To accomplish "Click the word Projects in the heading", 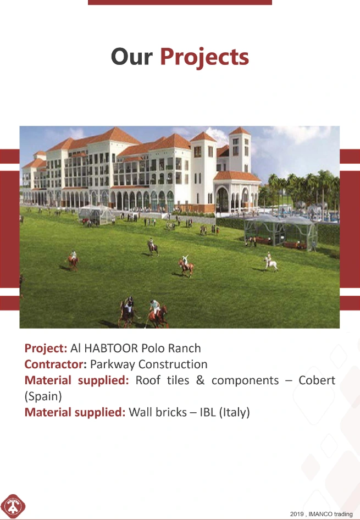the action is (204, 58).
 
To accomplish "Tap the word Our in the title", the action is (131, 57).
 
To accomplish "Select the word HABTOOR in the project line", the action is (111, 348).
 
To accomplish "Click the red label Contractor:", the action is (56, 364).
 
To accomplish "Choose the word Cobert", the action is (317, 380).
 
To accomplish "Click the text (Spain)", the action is (43, 396).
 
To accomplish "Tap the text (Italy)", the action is (234, 412).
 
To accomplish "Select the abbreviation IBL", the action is (208, 412).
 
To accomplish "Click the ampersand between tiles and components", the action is (200, 380).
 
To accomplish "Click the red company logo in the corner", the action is (13, 506).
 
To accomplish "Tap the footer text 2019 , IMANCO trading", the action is (321, 514).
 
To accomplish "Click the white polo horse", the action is (270, 263).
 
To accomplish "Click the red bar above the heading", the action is (180, 2).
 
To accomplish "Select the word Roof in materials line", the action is (148, 380).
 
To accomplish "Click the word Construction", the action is (173, 364).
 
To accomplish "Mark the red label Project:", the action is (46, 348).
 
